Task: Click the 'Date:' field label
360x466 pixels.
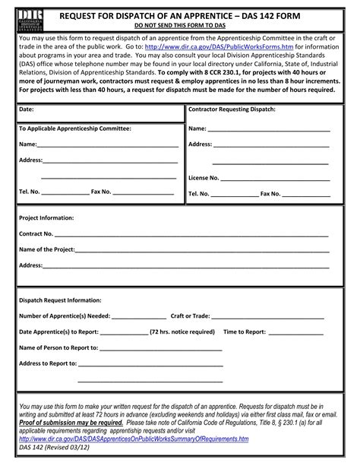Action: pos(26,109)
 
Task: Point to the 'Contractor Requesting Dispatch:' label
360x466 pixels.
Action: pos(232,109)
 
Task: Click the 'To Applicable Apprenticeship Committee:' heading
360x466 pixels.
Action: pos(75,128)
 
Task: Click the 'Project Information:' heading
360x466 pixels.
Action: pos(46,217)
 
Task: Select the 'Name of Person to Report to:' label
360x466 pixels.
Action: pos(58,347)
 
